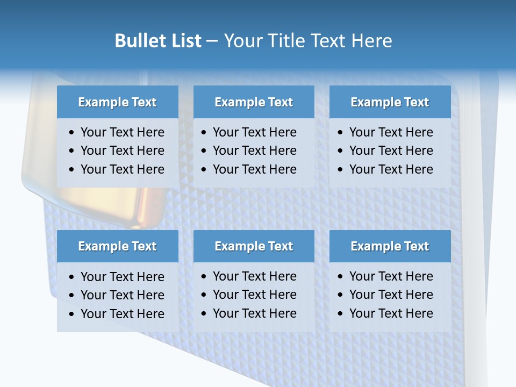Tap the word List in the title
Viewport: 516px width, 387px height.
tap(185, 41)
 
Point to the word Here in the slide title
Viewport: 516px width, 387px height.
tap(371, 41)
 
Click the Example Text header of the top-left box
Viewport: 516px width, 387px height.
tap(117, 102)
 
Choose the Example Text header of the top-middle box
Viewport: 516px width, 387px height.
tap(254, 102)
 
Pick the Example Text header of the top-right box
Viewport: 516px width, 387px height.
tap(390, 102)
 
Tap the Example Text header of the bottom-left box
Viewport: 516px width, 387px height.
tap(117, 246)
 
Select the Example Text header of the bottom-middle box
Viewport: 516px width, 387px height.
tap(254, 246)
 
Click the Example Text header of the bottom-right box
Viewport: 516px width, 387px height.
tap(390, 246)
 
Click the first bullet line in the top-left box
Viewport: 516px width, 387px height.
tap(122, 132)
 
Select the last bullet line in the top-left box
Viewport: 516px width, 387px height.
tap(122, 169)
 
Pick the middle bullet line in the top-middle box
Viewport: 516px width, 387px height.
tap(254, 150)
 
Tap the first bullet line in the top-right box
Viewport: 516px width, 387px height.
tap(391, 132)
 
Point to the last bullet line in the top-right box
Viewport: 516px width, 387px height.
tap(391, 169)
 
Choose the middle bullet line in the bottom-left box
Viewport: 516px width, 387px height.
tap(122, 295)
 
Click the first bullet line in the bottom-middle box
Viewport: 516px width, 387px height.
tap(254, 276)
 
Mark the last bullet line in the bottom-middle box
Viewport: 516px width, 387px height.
tap(254, 313)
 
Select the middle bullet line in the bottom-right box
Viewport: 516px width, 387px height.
tap(391, 295)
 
